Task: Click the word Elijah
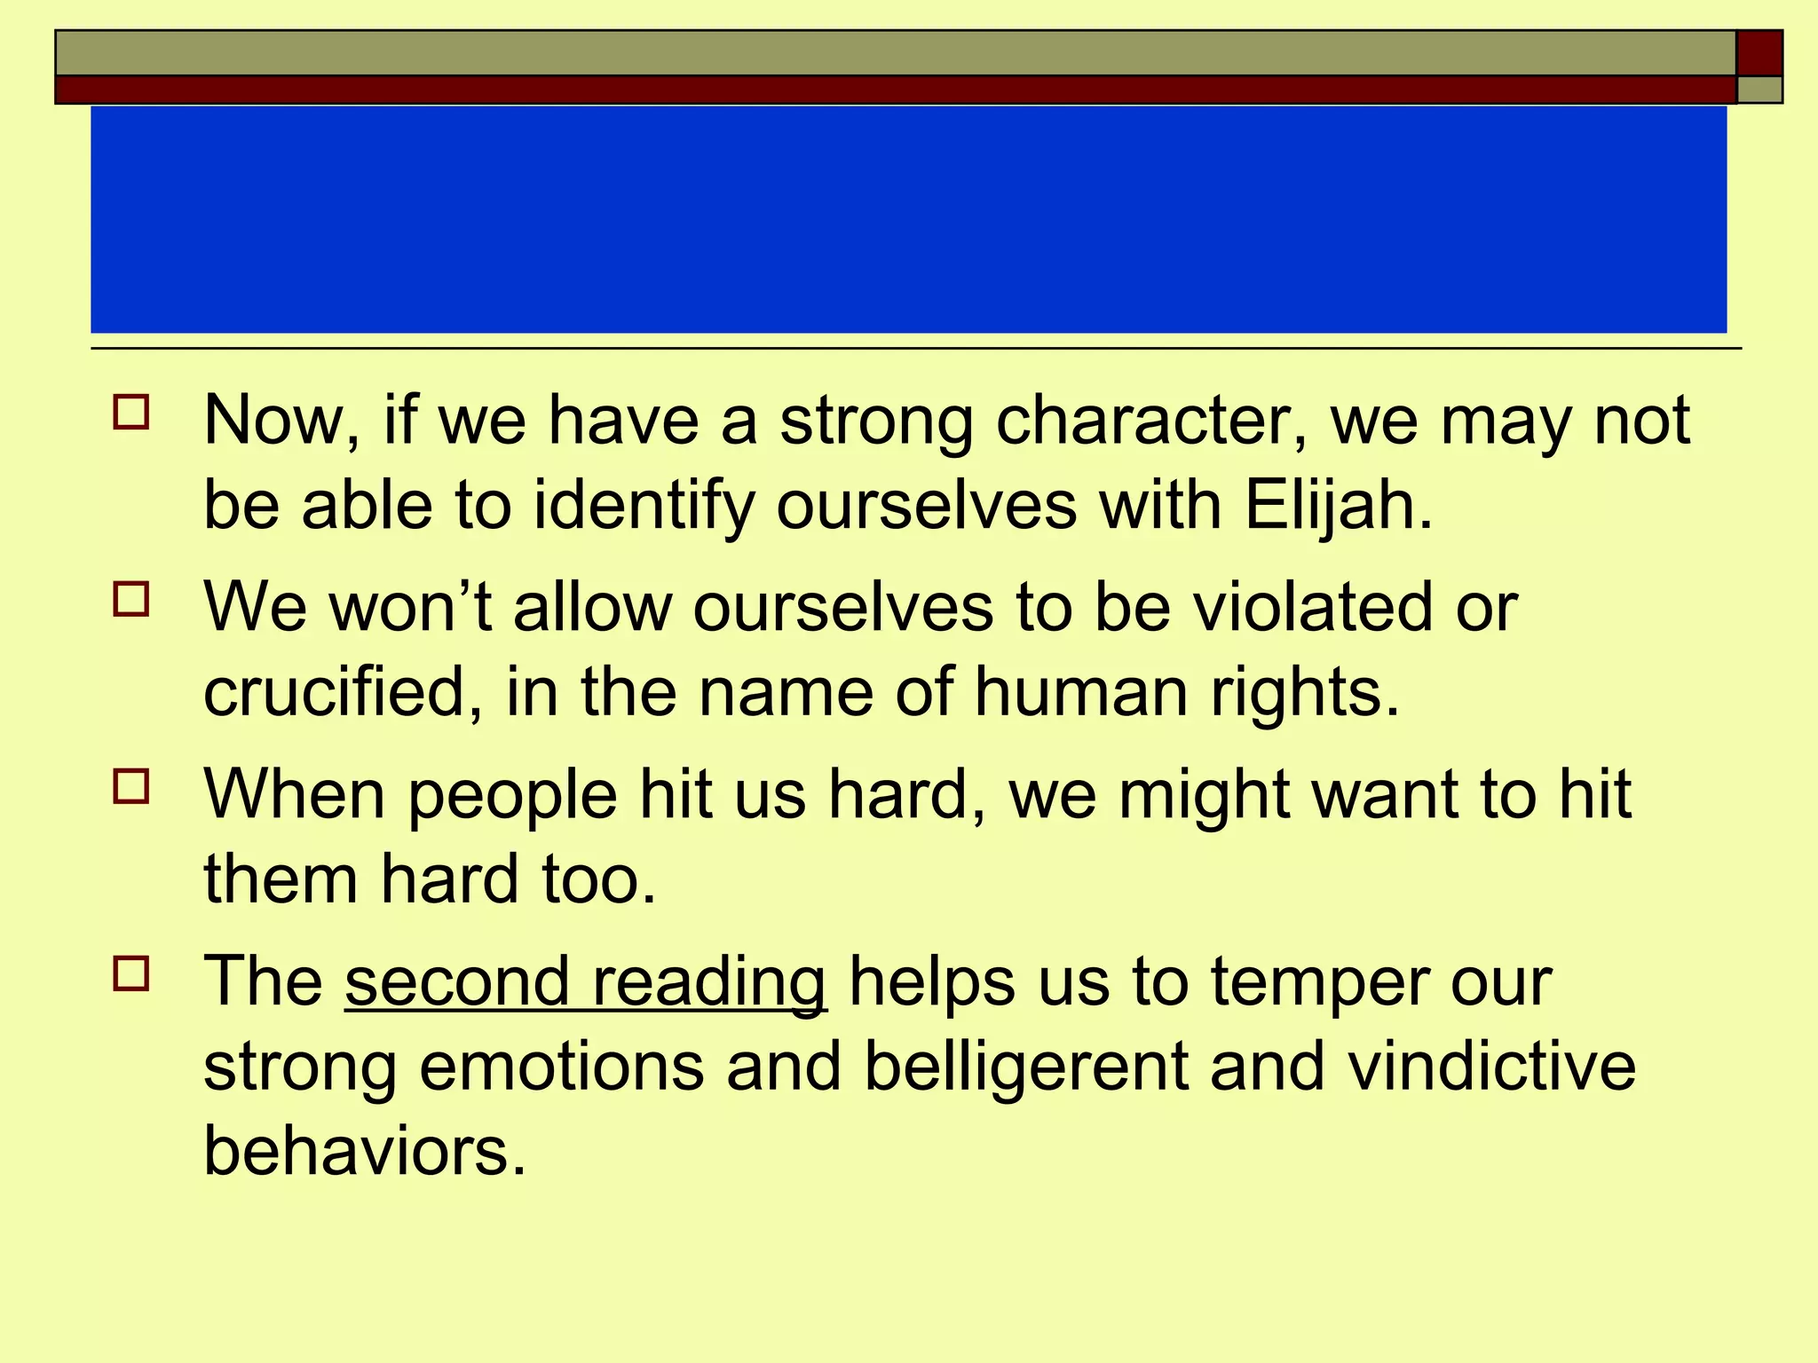tap(1338, 506)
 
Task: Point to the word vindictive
tap(1491, 1066)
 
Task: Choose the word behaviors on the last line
tap(364, 1151)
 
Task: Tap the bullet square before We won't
tap(131, 599)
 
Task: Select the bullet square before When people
tap(131, 786)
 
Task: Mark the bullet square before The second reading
tap(131, 973)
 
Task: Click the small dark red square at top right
tap(1759, 53)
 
